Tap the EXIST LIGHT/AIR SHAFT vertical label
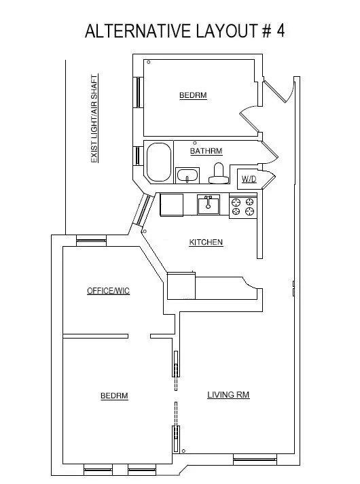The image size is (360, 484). [x=95, y=118]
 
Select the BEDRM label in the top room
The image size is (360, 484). [x=192, y=96]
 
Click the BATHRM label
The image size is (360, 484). [x=206, y=151]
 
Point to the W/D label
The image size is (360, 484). [x=248, y=179]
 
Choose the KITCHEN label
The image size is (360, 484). [x=206, y=242]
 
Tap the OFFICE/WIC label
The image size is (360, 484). [x=108, y=291]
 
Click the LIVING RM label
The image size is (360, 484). [x=228, y=394]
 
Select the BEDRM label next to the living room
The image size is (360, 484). [x=114, y=395]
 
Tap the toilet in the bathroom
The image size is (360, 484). [x=218, y=174]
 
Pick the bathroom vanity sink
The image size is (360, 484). [x=187, y=176]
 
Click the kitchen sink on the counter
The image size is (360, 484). [x=209, y=204]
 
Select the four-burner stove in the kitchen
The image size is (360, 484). [x=242, y=206]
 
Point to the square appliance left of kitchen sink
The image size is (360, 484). [x=172, y=204]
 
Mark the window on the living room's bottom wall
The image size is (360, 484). [x=255, y=460]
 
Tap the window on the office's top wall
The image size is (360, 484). [x=91, y=239]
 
